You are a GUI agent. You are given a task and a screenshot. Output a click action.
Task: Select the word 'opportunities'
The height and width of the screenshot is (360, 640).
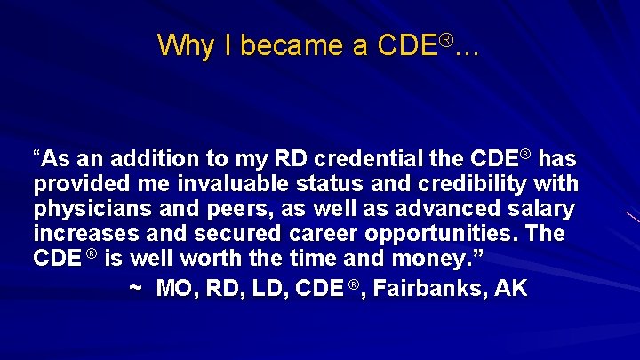454,235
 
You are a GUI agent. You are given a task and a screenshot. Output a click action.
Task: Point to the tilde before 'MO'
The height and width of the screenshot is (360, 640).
135,290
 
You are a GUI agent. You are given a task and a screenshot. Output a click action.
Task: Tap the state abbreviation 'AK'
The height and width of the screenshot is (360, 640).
510,288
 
